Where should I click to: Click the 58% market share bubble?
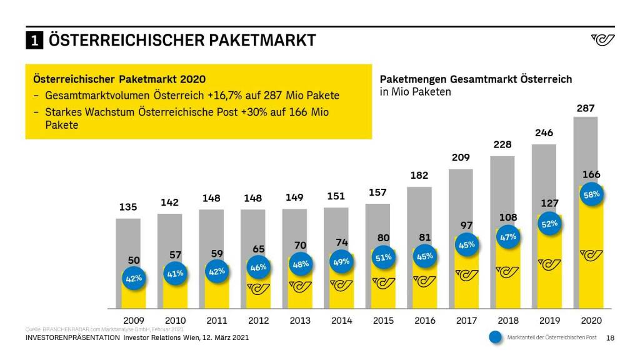coord(591,194)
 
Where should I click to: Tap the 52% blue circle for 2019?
coord(549,224)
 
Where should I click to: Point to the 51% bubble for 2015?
coord(383,257)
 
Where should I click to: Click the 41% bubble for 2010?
coord(175,273)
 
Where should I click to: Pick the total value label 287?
coord(586,108)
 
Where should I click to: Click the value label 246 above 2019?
coord(544,133)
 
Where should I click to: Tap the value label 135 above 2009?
coord(127,207)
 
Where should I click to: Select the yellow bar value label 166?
coord(591,174)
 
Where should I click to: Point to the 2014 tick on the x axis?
coord(342,321)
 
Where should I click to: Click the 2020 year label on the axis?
coord(591,321)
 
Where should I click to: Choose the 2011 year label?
coord(217,321)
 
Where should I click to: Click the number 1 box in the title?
coord(34,41)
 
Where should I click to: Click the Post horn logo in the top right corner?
coord(602,40)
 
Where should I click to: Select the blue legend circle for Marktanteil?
coord(496,337)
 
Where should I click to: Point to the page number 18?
coord(611,338)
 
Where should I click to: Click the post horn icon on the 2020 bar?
coord(591,255)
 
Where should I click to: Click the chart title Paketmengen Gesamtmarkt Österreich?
coord(476,79)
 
